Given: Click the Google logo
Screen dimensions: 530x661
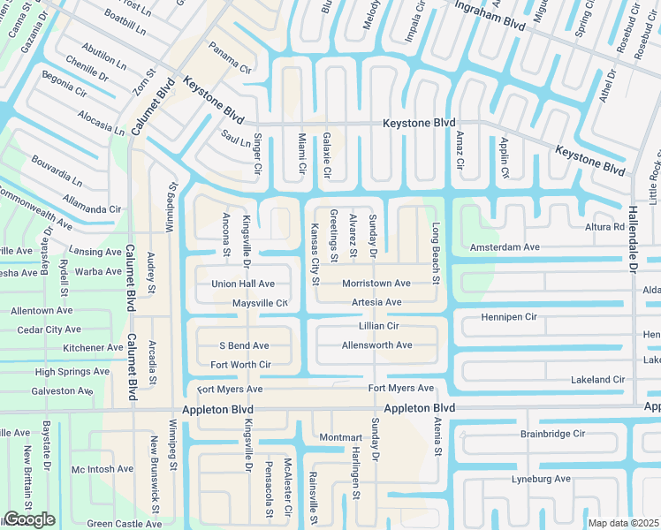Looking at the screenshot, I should point(29,519).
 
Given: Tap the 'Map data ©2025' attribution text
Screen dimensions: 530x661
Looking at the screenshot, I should point(623,523).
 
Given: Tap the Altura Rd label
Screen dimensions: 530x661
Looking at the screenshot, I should point(605,227).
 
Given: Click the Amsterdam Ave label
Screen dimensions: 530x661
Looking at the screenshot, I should point(505,248).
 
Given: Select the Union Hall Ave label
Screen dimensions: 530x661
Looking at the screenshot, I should point(243,284).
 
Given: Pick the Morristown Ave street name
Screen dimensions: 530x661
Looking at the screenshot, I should point(376,284).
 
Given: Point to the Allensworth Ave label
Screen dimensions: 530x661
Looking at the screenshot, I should point(376,344).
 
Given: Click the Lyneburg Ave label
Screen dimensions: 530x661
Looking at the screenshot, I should point(541,479).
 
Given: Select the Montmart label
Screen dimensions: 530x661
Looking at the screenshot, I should point(341,437).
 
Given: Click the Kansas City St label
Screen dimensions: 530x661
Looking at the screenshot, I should point(314,254).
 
